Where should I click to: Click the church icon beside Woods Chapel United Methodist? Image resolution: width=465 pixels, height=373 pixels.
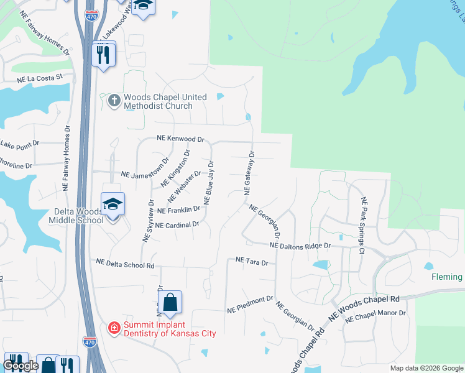point(114,100)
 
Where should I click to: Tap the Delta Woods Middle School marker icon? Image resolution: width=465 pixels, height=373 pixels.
point(113,205)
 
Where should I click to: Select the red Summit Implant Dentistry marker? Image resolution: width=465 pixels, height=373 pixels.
point(114,328)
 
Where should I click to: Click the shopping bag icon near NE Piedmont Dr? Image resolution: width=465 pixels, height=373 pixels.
point(170,303)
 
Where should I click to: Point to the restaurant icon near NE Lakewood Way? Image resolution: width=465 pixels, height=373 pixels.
point(101,55)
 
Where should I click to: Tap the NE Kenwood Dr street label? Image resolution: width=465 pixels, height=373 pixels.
point(180,139)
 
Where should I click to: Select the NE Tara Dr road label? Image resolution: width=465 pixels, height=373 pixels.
point(252,262)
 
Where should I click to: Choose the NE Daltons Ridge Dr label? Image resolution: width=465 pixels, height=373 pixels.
point(300,246)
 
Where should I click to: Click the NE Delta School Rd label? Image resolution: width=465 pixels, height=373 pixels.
point(125,264)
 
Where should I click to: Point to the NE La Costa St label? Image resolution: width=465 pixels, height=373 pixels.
point(40,79)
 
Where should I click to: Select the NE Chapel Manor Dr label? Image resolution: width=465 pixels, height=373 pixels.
point(375,316)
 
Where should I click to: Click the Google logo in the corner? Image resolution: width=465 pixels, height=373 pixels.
point(21,366)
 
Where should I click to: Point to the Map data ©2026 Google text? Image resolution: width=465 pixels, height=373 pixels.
point(426,368)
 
